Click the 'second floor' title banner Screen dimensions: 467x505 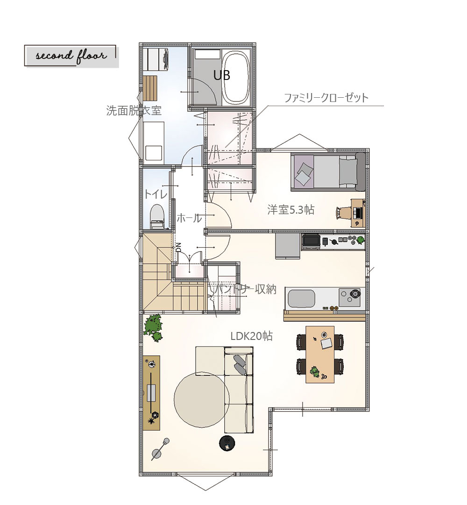(71, 56)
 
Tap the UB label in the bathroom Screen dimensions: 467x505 (222, 75)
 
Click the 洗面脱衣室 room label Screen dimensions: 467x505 (134, 111)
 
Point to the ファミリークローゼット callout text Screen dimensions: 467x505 (326, 98)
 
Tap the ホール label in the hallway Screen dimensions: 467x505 (190, 218)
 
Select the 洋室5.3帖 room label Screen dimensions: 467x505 (291, 210)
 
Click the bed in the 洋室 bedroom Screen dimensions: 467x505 (328, 172)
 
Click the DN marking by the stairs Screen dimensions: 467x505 (179, 247)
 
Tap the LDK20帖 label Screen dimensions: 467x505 (252, 336)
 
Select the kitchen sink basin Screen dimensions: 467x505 (301, 298)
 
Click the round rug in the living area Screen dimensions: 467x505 (202, 400)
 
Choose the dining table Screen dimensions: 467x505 (320, 354)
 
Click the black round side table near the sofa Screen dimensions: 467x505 (227, 442)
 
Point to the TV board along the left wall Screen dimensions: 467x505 (151, 393)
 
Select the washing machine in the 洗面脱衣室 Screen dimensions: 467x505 (156, 58)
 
